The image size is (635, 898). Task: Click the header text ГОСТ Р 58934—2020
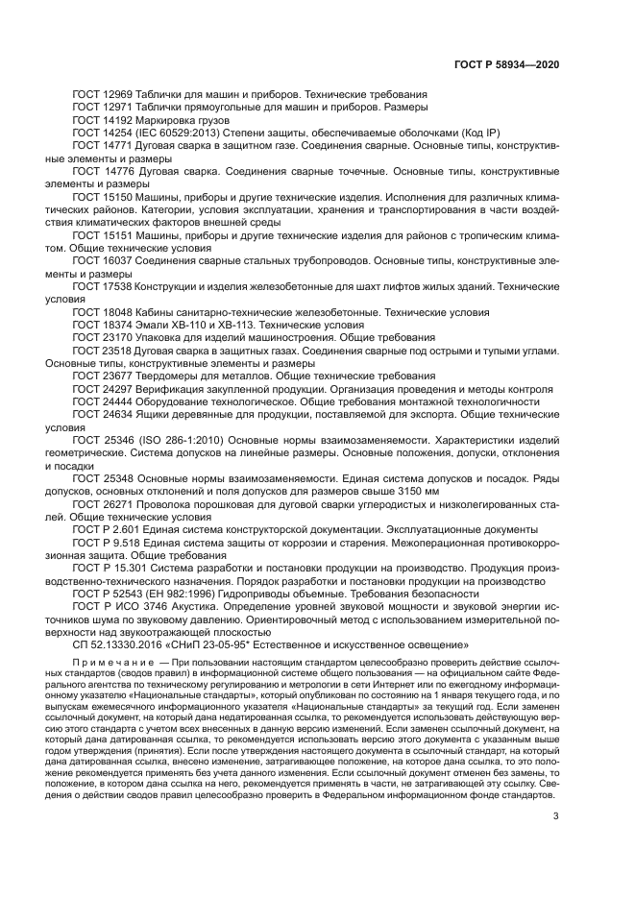click(x=506, y=64)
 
